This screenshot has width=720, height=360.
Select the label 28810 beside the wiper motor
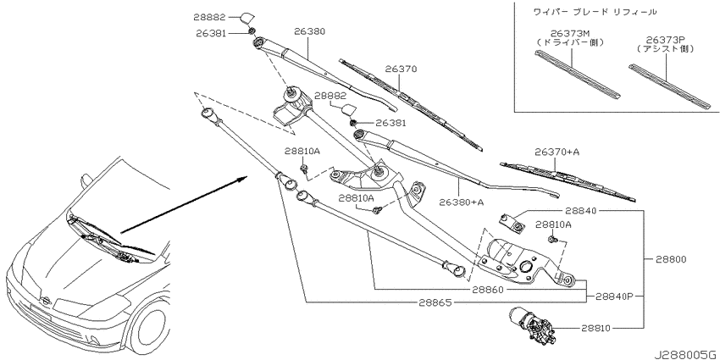[596, 329]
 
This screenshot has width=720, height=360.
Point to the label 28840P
[614, 296]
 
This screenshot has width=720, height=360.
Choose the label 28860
[488, 290]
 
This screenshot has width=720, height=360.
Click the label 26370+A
[557, 152]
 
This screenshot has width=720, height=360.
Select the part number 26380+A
[462, 202]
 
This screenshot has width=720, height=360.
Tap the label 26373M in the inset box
[570, 34]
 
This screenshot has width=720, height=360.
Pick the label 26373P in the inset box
[665, 40]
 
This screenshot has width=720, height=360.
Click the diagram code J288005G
[685, 354]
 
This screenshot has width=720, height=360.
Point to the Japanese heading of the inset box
[595, 12]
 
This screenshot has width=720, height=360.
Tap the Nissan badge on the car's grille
[46, 301]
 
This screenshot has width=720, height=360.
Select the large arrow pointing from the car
[184, 204]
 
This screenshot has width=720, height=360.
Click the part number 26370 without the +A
[401, 69]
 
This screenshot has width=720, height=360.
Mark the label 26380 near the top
[309, 31]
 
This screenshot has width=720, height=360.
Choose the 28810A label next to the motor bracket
[553, 224]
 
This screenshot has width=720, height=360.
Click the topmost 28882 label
[209, 18]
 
